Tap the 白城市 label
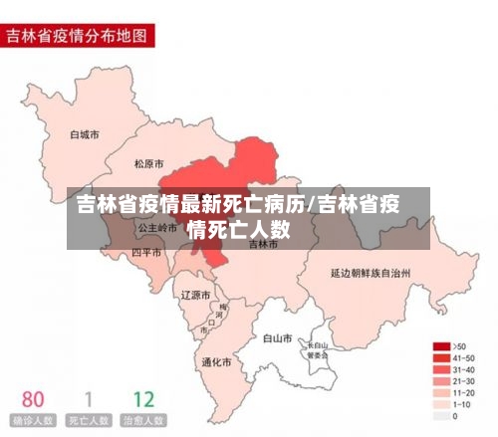coord(85,133)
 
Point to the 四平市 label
coord(146,253)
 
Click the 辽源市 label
coord(195,296)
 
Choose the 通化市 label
coord(217,361)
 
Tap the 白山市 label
coord(276,338)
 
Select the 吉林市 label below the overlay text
coord(264,243)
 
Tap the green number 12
coord(143,399)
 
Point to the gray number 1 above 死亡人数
coord(88,399)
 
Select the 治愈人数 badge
coord(143,420)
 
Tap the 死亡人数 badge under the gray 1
coord(88,420)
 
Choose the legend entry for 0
coord(455,416)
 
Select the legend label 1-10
coord(462,404)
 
